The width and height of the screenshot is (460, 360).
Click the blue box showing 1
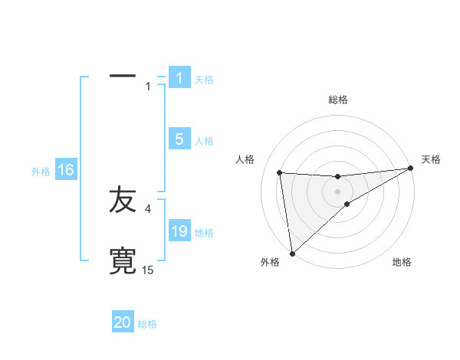click(179, 77)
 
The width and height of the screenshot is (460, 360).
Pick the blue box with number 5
click(179, 139)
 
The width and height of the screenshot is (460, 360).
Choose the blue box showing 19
click(179, 231)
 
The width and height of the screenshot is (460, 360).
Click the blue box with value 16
click(66, 170)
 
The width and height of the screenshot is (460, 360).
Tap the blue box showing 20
click(123, 322)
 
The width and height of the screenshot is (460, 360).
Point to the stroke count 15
click(148, 270)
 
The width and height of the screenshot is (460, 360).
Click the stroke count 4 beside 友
click(147, 208)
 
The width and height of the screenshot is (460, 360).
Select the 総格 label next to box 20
click(147, 324)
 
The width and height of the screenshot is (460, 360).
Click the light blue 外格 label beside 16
click(41, 172)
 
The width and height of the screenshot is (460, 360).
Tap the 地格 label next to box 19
click(204, 233)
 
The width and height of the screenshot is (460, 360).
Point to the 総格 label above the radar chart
click(338, 100)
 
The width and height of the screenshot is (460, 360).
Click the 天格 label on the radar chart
click(431, 159)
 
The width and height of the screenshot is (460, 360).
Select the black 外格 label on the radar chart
click(270, 262)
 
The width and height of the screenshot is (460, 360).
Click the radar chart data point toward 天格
click(411, 169)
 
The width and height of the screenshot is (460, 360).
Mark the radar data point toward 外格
click(292, 253)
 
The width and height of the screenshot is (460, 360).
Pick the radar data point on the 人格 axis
click(280, 172)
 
